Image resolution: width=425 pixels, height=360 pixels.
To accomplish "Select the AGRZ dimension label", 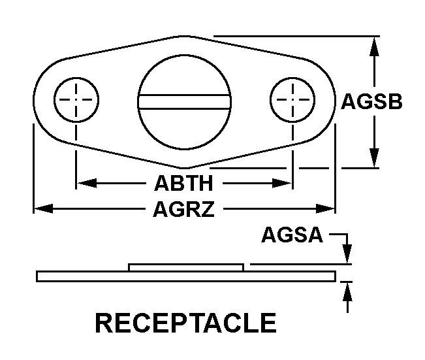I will (183, 209).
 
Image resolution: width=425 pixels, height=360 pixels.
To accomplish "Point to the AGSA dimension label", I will (292, 235).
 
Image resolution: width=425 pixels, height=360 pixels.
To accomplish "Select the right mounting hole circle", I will (291, 99).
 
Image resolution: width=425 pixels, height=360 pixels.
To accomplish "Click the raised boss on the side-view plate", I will (186, 267).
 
